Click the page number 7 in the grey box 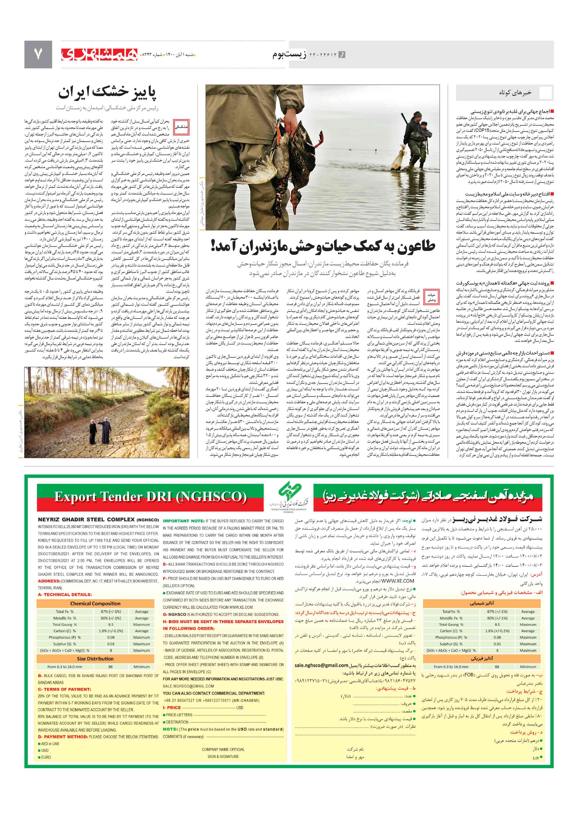click(x=38, y=54)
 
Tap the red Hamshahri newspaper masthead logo click(x=99, y=54)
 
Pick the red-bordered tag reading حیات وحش click(x=431, y=297)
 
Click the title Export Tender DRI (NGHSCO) click(x=150, y=497)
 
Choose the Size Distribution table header click(x=95, y=659)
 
